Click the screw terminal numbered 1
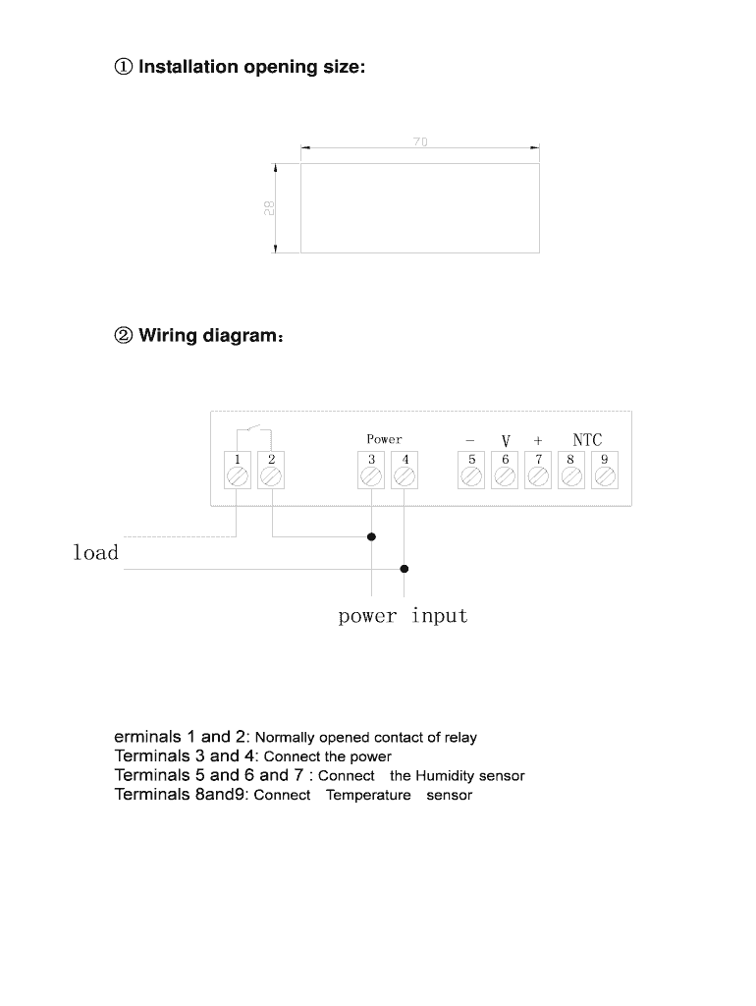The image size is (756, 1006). pyautogui.click(x=238, y=476)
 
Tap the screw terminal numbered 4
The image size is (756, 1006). pyautogui.click(x=405, y=476)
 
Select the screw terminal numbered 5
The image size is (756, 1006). pyautogui.click(x=471, y=476)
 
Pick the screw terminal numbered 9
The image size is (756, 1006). pyautogui.click(x=605, y=476)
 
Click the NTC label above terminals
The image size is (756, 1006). pyautogui.click(x=587, y=440)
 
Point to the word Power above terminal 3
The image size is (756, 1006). pyautogui.click(x=384, y=439)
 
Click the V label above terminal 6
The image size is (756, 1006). pyautogui.click(x=506, y=441)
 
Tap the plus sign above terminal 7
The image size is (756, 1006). pyautogui.click(x=538, y=440)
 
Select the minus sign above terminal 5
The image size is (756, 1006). pyautogui.click(x=470, y=440)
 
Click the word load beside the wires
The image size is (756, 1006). pyautogui.click(x=95, y=552)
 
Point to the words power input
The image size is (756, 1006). pyautogui.click(x=403, y=616)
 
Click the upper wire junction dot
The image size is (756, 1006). pyautogui.click(x=371, y=537)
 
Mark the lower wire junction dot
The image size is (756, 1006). pyautogui.click(x=405, y=569)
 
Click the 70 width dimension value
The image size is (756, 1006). pyautogui.click(x=419, y=142)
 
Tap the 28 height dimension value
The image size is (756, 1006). pyautogui.click(x=268, y=207)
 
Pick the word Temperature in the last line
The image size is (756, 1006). pyautogui.click(x=368, y=796)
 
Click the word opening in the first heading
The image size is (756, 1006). pyautogui.click(x=277, y=68)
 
